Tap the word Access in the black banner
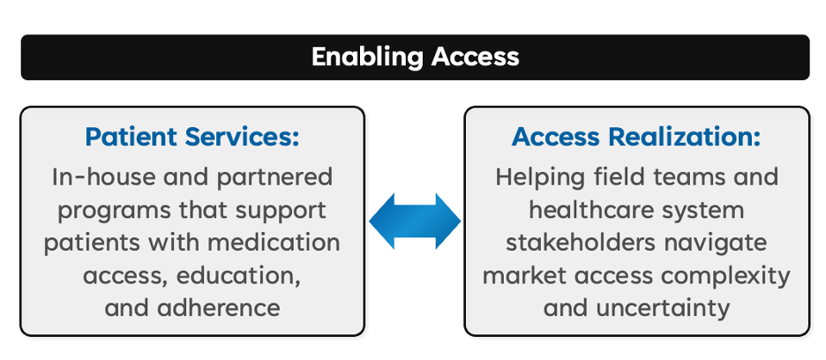click(x=476, y=57)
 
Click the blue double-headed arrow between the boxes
click(x=415, y=221)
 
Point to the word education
click(x=238, y=274)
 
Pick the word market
click(x=523, y=274)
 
